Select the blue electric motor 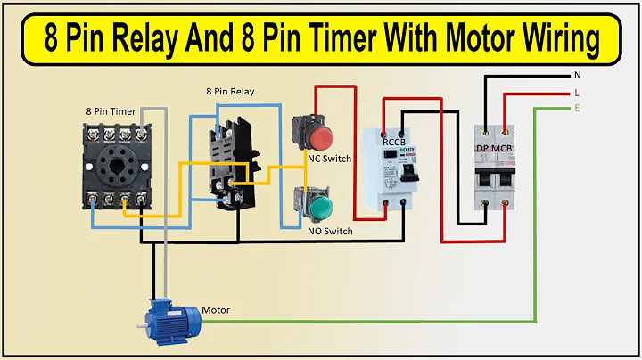pyautogui.click(x=176, y=319)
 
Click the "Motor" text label pyautogui.click(x=216, y=310)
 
